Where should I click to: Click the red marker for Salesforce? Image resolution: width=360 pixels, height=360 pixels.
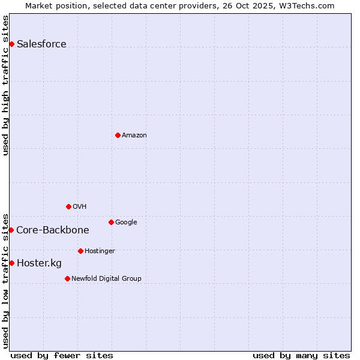(x=11, y=44)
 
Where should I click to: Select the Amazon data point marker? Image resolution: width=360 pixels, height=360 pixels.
(x=118, y=135)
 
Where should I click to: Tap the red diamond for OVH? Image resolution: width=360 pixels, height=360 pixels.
(x=68, y=206)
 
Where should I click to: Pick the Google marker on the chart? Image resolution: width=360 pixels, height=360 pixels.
(x=111, y=222)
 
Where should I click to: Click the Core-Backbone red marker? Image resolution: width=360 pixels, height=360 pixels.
(x=11, y=230)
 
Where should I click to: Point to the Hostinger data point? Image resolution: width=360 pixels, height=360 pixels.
(x=80, y=251)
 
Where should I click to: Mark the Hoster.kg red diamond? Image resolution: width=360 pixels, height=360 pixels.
(x=11, y=263)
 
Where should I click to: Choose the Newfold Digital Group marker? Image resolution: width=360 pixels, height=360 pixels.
(x=67, y=278)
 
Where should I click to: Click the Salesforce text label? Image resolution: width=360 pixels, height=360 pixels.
(x=41, y=44)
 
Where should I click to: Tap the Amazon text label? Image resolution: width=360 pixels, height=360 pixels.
(x=134, y=135)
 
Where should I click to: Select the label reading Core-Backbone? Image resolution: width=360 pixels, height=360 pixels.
(x=53, y=230)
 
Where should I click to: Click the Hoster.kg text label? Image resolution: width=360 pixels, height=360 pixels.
(x=39, y=263)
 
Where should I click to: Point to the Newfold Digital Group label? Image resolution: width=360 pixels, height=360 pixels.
(x=106, y=278)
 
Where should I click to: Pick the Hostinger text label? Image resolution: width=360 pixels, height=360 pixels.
(x=100, y=251)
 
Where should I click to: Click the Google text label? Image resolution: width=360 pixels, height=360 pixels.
(x=126, y=222)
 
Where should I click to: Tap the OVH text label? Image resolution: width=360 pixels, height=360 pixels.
(x=80, y=206)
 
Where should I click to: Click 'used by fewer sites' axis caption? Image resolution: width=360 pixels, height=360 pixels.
(x=62, y=355)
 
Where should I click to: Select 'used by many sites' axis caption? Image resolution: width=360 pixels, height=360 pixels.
(x=301, y=355)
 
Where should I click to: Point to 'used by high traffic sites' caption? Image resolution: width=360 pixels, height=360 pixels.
(x=6, y=85)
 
